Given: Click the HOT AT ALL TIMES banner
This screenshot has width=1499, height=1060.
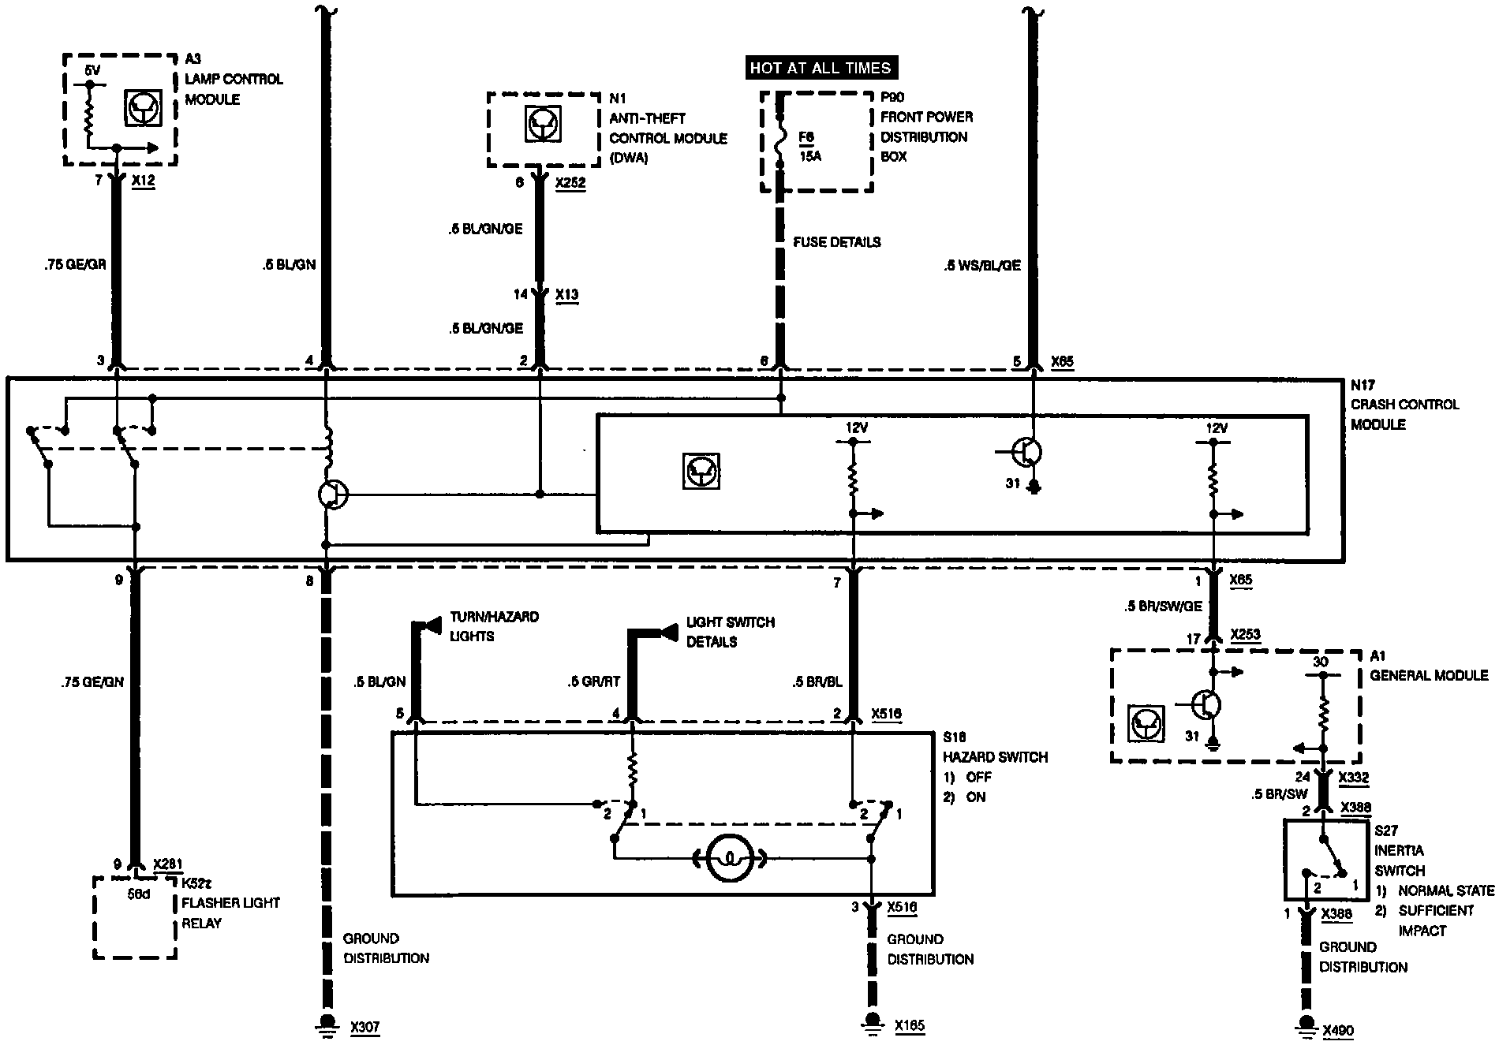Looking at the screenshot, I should pos(821,68).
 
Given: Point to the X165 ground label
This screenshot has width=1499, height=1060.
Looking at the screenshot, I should pos(910,1026).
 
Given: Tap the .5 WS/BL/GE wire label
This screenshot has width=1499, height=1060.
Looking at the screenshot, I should pos(981,266).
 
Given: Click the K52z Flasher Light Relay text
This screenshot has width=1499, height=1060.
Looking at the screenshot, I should pos(230,903).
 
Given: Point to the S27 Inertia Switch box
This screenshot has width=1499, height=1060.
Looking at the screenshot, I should pos(1325,860).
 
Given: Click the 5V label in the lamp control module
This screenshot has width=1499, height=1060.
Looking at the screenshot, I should pos(92,71).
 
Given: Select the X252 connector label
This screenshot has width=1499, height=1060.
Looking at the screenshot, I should pos(570,183).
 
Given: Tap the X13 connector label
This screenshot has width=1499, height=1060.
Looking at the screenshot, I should pos(566,295).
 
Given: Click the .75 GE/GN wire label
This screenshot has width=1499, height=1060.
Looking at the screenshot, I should pos(92,682).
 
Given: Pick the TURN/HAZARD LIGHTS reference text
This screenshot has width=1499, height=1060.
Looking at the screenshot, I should pos(494,626).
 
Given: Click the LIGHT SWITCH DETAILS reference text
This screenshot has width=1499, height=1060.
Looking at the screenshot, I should pos(730,632).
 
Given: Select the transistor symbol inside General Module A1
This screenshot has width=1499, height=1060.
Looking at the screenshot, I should pos(1206,704).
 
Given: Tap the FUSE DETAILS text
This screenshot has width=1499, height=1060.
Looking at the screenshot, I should pos(836,242).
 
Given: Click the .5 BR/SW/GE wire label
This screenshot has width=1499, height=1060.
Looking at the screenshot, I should pos(1164,607).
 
